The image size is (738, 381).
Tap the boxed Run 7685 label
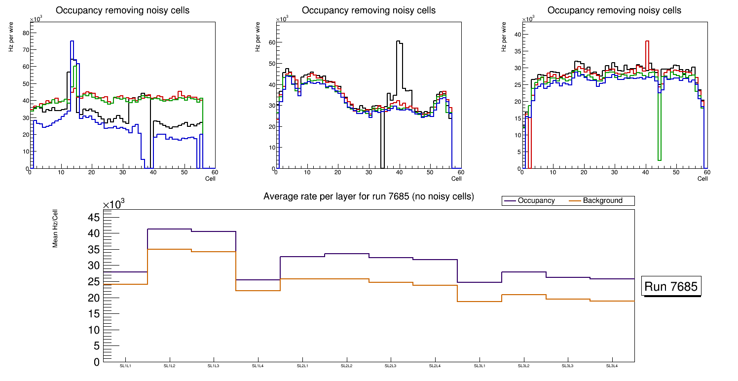pos(671,286)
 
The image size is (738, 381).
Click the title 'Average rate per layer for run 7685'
pos(369,196)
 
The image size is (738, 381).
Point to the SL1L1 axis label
pos(126,366)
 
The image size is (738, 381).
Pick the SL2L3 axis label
pos(391,366)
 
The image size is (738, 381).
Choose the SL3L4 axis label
pos(612,366)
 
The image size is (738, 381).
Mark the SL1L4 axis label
pos(258,366)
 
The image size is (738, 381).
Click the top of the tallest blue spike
pos(72,41)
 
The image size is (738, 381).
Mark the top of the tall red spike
pos(647,41)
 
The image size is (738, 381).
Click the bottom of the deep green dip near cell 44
pos(659,159)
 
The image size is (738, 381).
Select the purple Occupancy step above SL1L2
pos(170,229)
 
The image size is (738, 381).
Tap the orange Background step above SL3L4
pos(612,301)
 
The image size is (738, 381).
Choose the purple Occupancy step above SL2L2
pos(346,254)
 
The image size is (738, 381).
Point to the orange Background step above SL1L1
pos(126,284)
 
